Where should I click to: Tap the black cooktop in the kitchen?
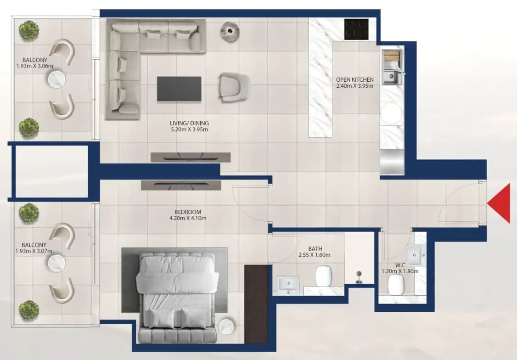tap(356, 29)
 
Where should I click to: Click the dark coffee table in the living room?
tap(179, 89)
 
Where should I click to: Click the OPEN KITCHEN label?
tap(355, 80)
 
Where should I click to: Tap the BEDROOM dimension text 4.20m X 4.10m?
tap(188, 218)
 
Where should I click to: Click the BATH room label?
tap(315, 248)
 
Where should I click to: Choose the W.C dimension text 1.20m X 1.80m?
tap(400, 271)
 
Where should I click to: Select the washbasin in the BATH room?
tap(288, 284)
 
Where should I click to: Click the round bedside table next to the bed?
tap(226, 326)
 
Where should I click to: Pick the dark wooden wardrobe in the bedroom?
tap(256, 304)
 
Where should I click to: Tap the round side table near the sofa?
tap(230, 31)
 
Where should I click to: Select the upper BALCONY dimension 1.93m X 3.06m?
tap(34, 66)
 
